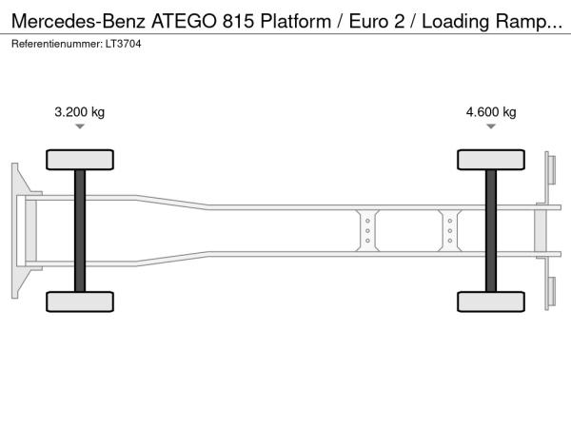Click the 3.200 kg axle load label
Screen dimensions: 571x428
pos(79,111)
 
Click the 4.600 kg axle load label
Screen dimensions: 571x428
pos(491,111)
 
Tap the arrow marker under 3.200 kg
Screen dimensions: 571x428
pos(80,126)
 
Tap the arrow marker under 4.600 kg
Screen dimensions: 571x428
pos(491,126)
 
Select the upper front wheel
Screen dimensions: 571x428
pos(80,160)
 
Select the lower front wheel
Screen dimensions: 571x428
pos(80,302)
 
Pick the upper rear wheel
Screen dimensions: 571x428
pos(491,160)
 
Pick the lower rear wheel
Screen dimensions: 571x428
pos(491,302)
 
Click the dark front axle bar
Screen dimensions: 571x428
pos(80,231)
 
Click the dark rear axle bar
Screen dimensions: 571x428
pos(491,231)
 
